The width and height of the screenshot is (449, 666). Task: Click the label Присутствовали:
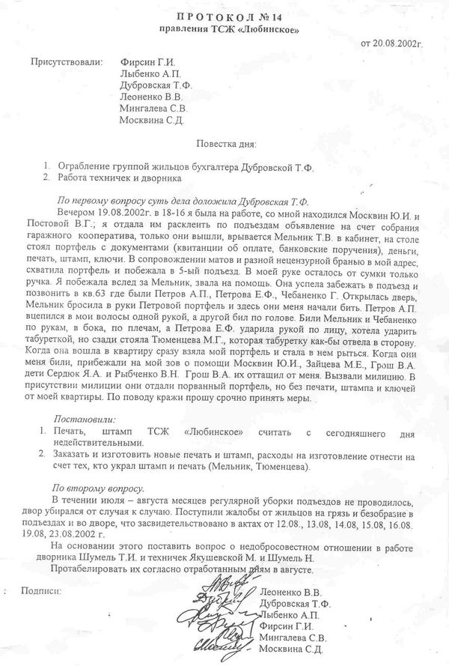pyautogui.click(x=64, y=63)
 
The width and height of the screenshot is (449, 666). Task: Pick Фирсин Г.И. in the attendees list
pyautogui.click(x=147, y=63)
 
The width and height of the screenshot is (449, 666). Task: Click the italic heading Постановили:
pyautogui.click(x=82, y=421)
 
